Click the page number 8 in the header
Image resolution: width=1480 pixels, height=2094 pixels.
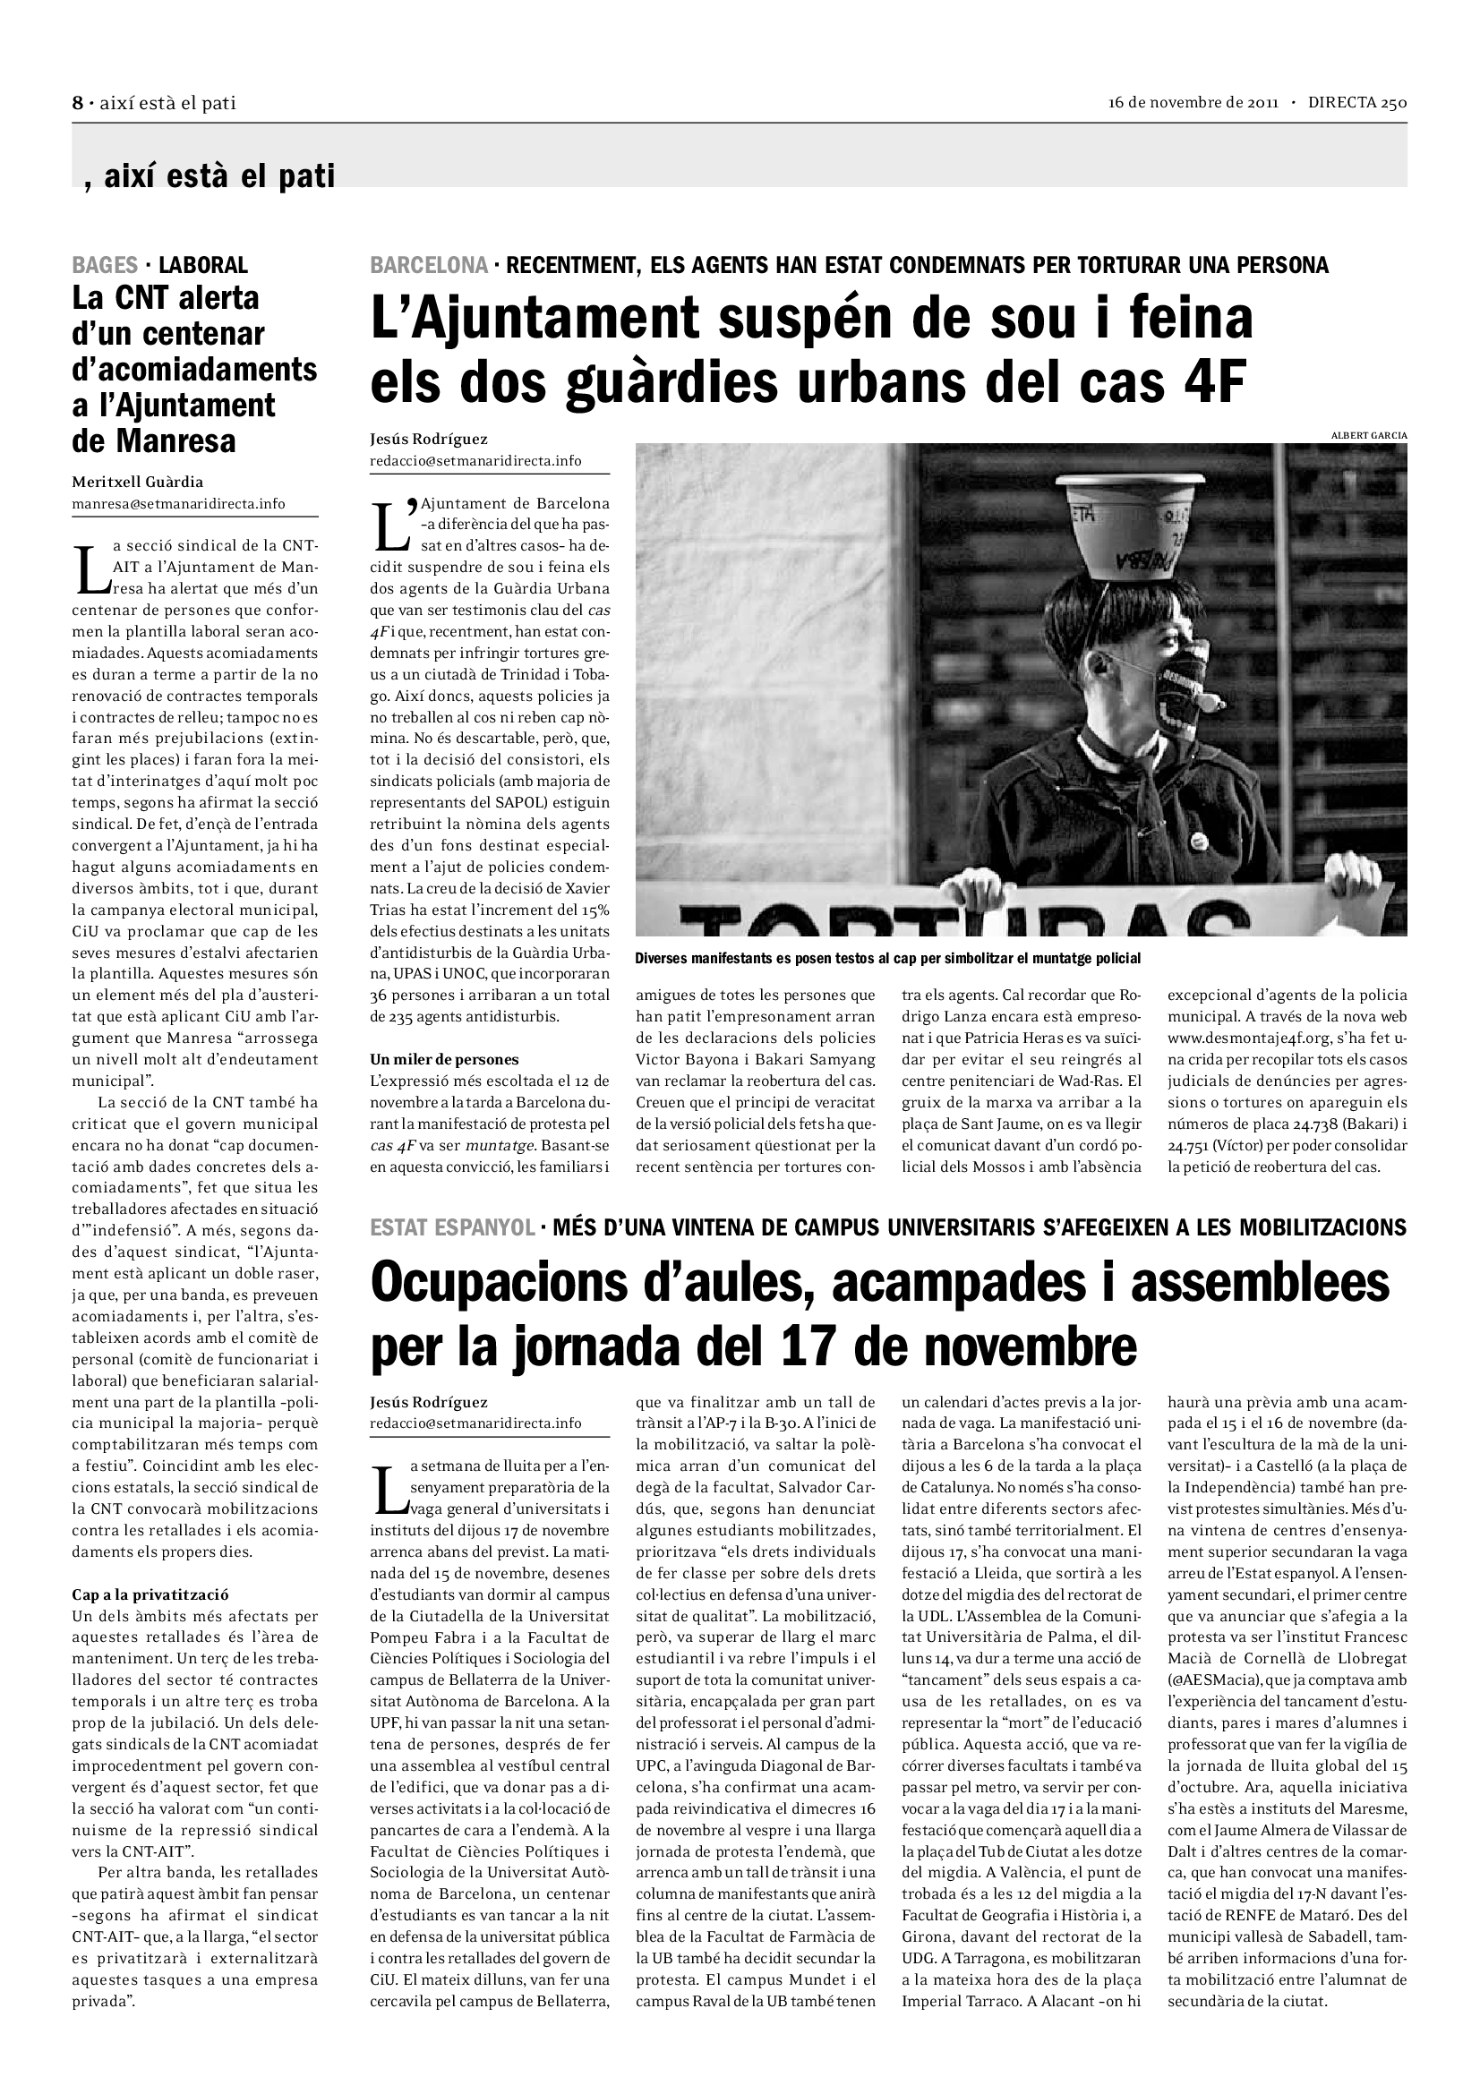[x=78, y=103]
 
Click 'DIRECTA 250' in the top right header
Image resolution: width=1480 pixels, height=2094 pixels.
[x=1357, y=102]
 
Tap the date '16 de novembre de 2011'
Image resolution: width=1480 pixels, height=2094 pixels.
[x=1193, y=102]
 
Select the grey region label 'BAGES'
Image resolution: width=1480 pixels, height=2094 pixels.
[x=105, y=265]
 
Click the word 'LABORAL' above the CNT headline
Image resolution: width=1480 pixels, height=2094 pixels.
[x=203, y=265]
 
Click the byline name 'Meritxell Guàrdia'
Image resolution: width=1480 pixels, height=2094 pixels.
[x=138, y=482]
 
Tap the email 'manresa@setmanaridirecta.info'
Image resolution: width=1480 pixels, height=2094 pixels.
[x=179, y=503]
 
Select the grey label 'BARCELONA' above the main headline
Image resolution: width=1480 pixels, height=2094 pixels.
[x=429, y=265]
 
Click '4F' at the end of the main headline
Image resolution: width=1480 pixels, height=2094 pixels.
[x=1214, y=383]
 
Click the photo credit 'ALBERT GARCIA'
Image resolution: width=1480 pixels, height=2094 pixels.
[x=1369, y=436]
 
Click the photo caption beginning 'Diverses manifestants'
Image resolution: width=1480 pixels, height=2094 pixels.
[x=887, y=959]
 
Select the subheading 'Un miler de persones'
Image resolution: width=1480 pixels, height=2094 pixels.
[x=444, y=1059]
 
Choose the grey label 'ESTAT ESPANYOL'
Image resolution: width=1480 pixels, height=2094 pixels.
[x=452, y=1227]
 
